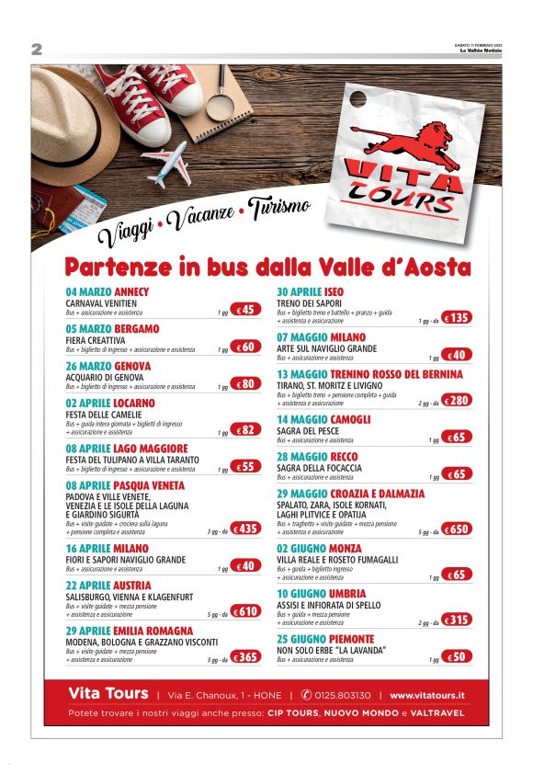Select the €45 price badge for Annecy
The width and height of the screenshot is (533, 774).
(x=246, y=310)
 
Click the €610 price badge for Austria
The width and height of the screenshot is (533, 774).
(x=246, y=611)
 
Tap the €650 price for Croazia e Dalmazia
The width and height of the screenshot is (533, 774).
(x=457, y=529)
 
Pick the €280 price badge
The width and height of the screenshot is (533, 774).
(x=457, y=400)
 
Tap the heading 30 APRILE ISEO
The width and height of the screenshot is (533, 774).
(x=311, y=291)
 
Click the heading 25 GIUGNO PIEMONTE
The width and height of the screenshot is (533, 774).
(x=325, y=639)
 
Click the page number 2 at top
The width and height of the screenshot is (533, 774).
(x=37, y=49)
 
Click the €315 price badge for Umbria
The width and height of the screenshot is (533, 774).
(x=457, y=620)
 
